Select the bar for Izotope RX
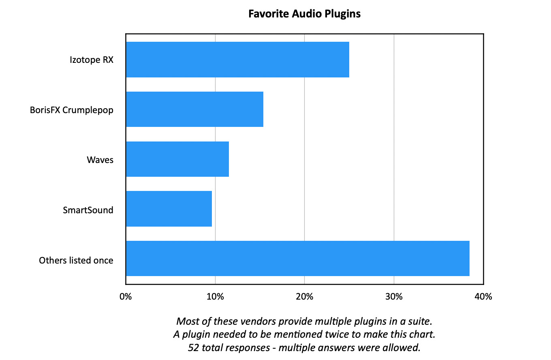pos(237,60)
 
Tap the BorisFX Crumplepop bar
pos(194,109)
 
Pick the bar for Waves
pos(177,159)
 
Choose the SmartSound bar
pos(169,209)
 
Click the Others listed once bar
pos(297,258)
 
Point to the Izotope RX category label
pos(91,60)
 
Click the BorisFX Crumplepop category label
pos(72,110)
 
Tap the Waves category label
pos(100,160)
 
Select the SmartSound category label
pos(88,210)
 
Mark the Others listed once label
pos(76,260)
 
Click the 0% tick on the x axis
pos(126,297)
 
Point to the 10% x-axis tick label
pos(215,297)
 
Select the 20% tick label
pos(304,297)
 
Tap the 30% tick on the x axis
pos(394,297)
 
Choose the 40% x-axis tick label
pos(483,297)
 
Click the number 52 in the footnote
pos(193,347)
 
